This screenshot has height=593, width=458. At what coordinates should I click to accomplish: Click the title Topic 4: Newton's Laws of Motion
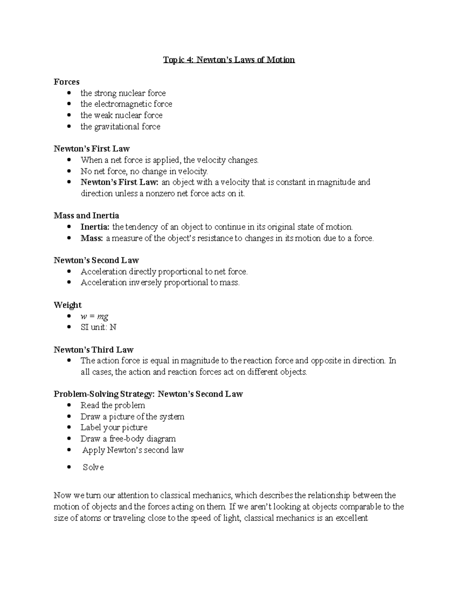(229, 60)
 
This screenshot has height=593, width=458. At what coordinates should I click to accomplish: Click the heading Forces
(66, 82)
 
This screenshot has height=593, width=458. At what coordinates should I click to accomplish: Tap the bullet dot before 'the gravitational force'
(69, 126)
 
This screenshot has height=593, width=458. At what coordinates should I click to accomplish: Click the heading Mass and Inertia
(86, 215)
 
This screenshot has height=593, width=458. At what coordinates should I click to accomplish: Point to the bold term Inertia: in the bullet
(95, 227)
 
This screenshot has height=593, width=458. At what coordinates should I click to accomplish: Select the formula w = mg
(94, 316)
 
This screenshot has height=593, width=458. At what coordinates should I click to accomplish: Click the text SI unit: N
(98, 327)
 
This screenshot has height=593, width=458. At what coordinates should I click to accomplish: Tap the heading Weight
(68, 305)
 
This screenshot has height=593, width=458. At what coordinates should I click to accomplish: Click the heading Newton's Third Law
(93, 349)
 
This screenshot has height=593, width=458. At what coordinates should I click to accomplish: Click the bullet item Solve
(93, 467)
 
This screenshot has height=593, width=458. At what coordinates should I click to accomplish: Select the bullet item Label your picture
(114, 427)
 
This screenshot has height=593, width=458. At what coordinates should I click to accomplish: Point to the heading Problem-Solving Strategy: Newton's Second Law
(148, 394)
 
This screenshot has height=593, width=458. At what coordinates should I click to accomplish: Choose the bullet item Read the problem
(113, 405)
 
